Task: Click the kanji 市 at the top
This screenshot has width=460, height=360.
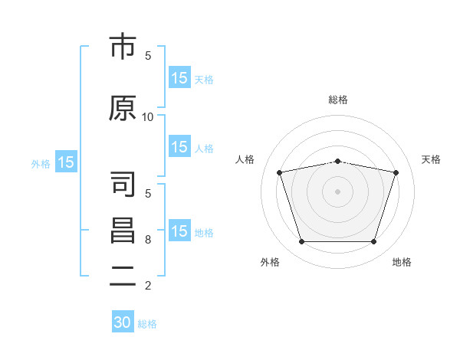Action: (123, 47)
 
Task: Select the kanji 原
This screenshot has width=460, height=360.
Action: (123, 107)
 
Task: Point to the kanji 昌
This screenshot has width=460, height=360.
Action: (123, 231)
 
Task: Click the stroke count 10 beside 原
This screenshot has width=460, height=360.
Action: (148, 117)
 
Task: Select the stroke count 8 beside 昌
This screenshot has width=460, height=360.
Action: (148, 240)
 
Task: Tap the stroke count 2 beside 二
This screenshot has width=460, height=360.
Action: (148, 286)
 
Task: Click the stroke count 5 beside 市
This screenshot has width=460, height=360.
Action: (148, 56)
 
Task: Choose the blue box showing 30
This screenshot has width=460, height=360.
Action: (123, 322)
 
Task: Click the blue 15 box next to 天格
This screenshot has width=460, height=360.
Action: (179, 78)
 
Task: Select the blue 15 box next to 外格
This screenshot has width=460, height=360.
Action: (65, 162)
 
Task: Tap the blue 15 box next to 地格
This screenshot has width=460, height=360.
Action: (179, 231)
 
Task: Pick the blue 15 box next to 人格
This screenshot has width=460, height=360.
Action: (179, 147)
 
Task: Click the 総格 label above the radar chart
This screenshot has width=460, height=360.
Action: (338, 100)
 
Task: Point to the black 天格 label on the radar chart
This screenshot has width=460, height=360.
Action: (432, 159)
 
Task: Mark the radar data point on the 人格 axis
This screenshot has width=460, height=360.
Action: (280, 172)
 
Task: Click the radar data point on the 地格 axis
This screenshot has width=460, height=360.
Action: (373, 242)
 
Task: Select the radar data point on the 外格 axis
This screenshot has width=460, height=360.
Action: (301, 242)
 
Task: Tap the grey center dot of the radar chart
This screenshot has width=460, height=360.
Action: (337, 191)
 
